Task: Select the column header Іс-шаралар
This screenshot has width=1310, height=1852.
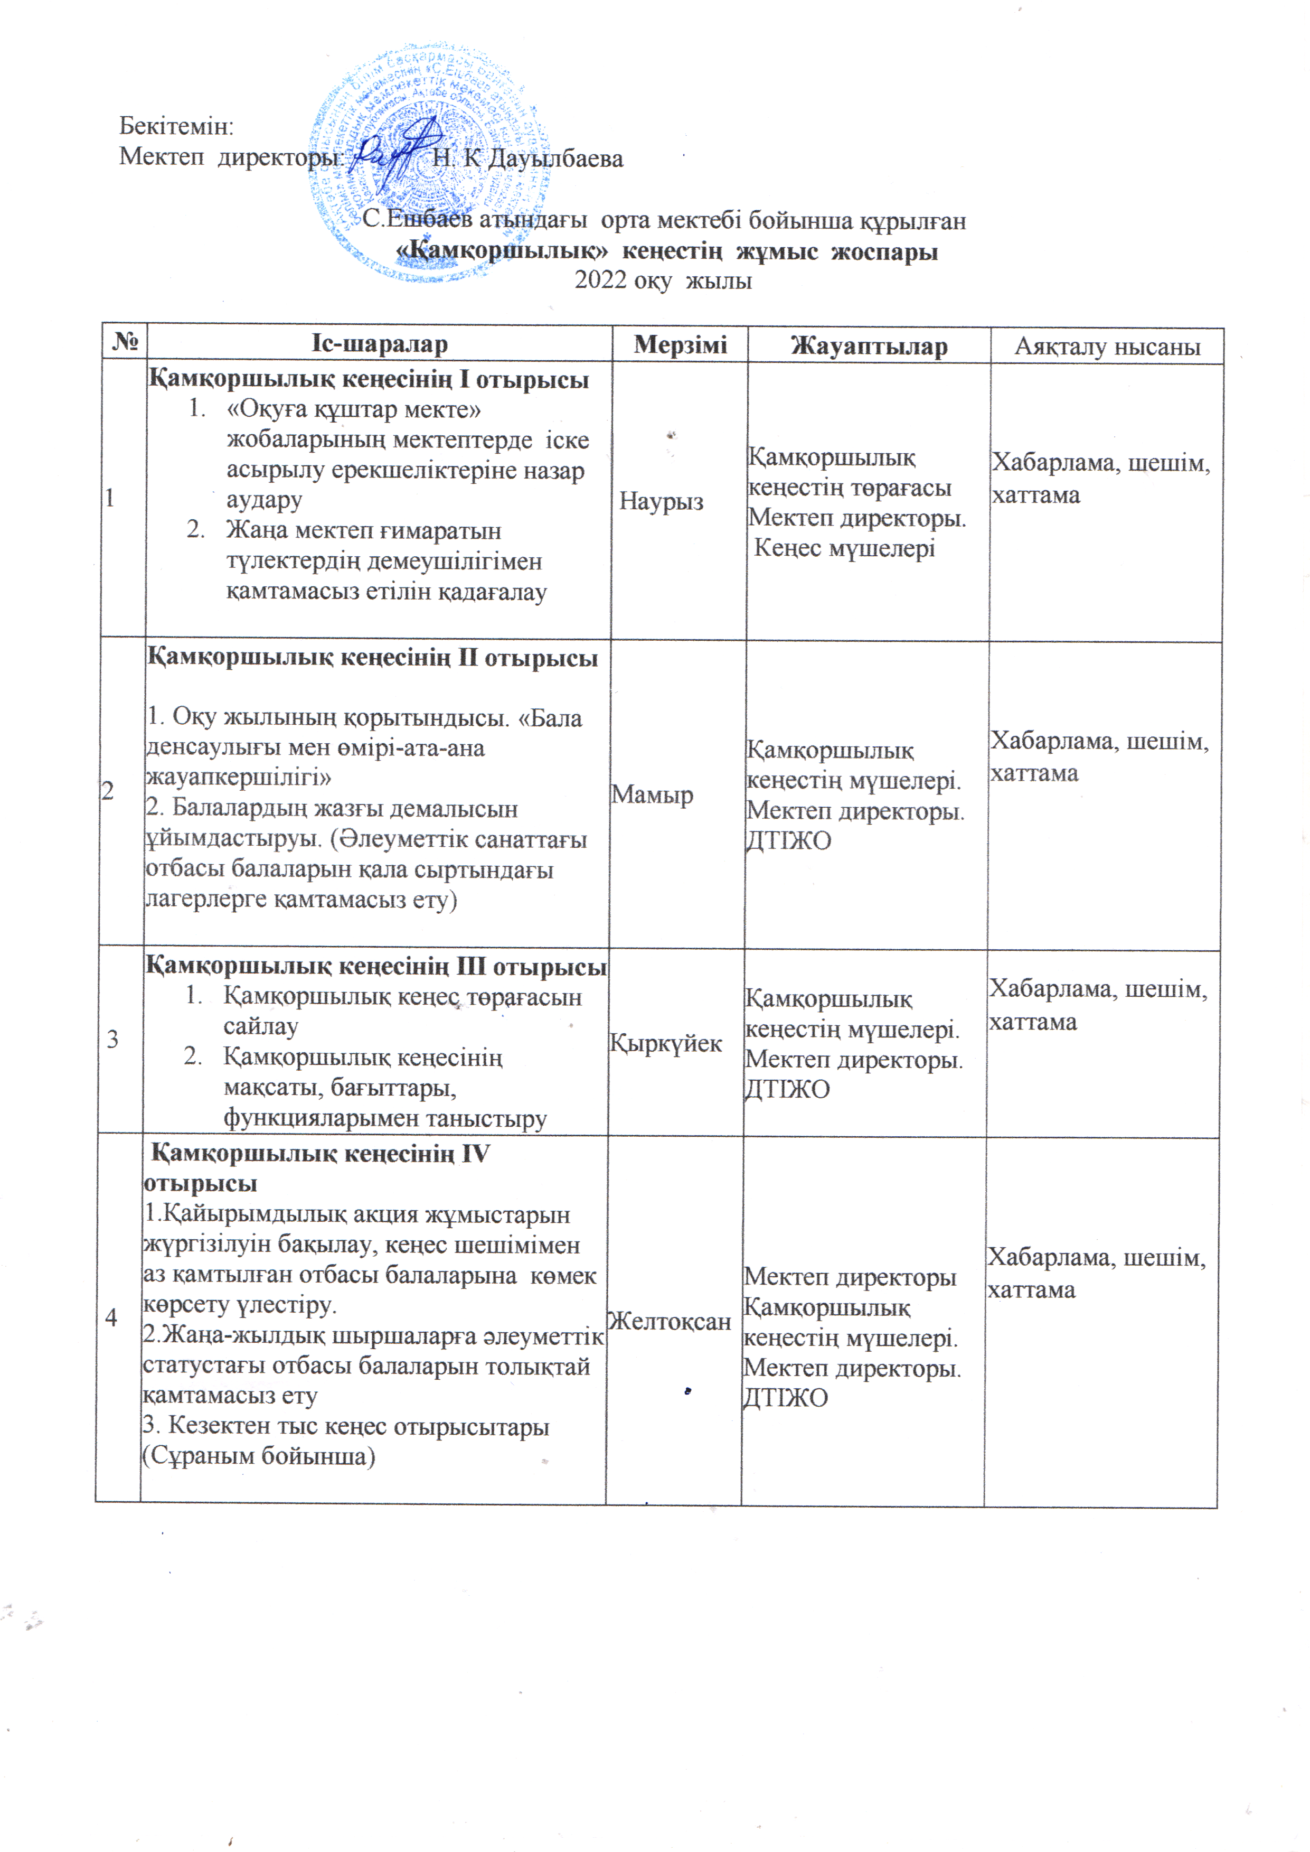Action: click(x=379, y=344)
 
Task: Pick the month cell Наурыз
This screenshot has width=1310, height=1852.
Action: click(x=662, y=502)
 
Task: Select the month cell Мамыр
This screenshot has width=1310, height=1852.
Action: click(x=652, y=795)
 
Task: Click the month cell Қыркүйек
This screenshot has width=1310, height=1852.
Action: click(x=665, y=1043)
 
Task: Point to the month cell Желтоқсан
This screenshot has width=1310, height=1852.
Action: click(x=670, y=1321)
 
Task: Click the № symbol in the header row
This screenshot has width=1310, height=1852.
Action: click(x=125, y=343)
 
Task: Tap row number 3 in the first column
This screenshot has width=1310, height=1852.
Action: click(x=113, y=1040)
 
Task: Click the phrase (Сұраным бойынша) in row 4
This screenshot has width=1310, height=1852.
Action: click(x=259, y=1456)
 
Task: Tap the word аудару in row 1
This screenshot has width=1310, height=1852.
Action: click(x=264, y=500)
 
